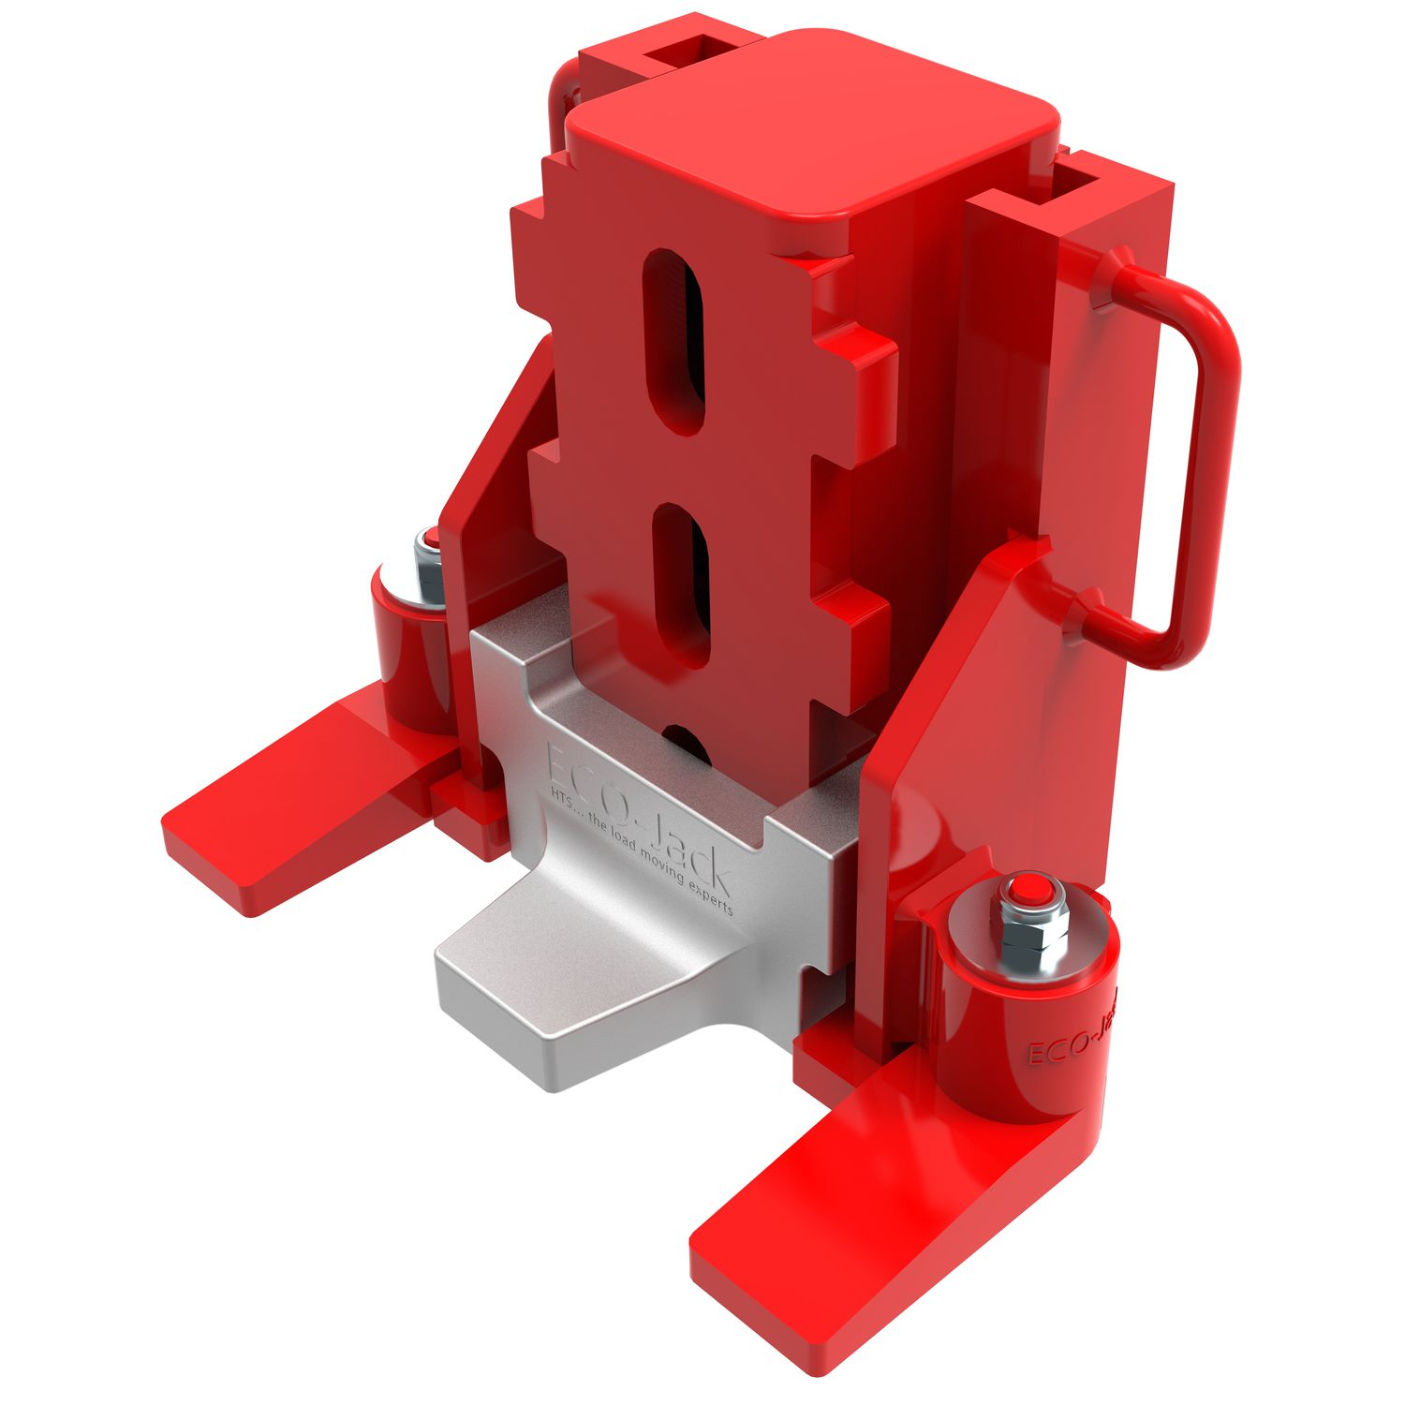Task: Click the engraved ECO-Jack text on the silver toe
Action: click(637, 813)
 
